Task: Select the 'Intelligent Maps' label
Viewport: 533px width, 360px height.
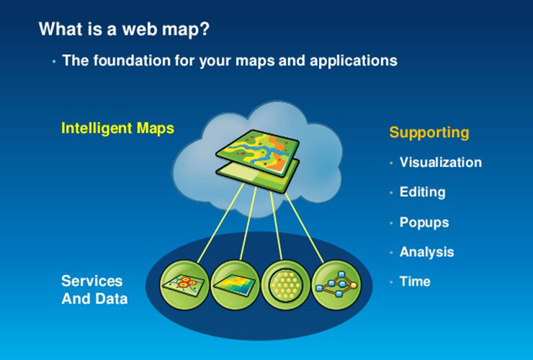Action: click(x=117, y=128)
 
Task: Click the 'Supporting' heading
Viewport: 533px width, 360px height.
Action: click(x=429, y=132)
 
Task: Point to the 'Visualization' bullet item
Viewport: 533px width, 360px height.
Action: click(x=440, y=162)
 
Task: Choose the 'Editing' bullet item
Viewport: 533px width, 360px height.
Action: click(x=422, y=192)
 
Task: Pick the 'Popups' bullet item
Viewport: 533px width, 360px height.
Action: click(x=424, y=222)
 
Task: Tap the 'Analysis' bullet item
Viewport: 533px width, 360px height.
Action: click(x=426, y=252)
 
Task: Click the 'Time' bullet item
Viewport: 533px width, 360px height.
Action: click(x=415, y=282)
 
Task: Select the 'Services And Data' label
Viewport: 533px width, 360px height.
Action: click(x=94, y=289)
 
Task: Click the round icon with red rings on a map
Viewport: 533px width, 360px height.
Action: click(x=184, y=283)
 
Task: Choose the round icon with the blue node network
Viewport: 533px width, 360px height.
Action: click(x=335, y=283)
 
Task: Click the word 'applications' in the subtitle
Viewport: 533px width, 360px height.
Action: click(x=353, y=60)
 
